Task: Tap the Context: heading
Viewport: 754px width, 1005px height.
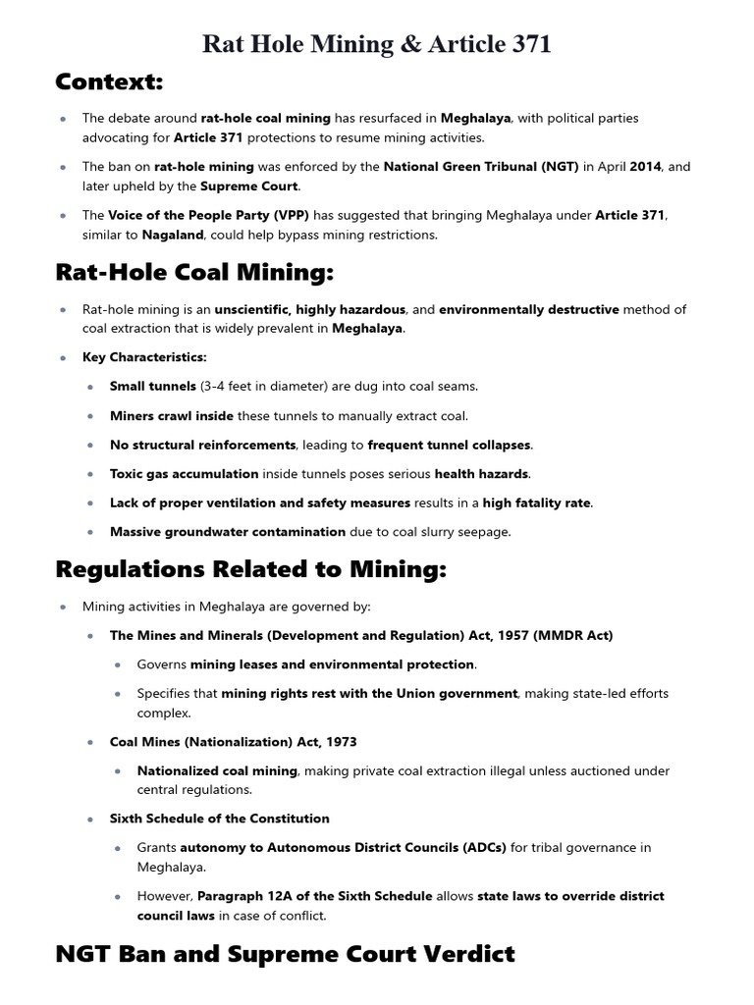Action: (109, 80)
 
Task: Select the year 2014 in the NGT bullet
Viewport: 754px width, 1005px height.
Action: (646, 167)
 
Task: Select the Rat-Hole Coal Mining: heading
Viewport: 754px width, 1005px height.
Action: (194, 272)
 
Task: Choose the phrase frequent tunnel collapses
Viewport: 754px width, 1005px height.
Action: (450, 445)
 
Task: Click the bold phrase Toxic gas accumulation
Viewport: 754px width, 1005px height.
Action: (185, 474)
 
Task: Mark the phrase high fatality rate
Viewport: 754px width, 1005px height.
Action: (537, 503)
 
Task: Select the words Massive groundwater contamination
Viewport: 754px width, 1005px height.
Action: (228, 532)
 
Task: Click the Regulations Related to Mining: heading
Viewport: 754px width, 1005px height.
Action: (251, 569)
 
